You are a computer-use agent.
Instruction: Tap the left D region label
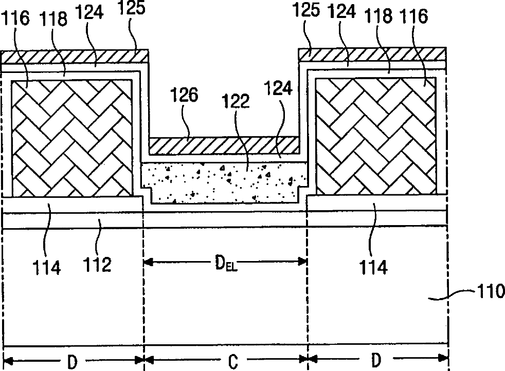click(72, 362)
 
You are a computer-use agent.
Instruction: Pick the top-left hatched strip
click(75, 56)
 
